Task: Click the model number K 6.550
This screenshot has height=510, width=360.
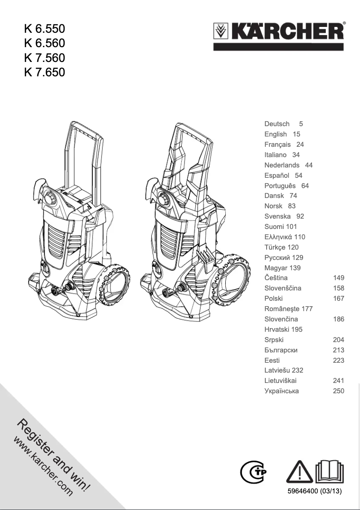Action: click(x=44, y=29)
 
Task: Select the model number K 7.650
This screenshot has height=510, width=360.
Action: click(x=44, y=72)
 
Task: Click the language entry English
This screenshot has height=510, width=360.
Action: click(x=276, y=134)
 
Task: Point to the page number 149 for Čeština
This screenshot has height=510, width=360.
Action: click(x=338, y=278)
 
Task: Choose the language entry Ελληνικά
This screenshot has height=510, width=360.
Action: click(x=279, y=237)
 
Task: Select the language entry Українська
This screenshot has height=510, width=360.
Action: click(x=281, y=391)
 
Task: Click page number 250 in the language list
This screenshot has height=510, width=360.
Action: click(x=338, y=391)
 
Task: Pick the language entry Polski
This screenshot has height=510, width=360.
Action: click(x=273, y=298)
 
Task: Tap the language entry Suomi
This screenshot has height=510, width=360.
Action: click(x=274, y=226)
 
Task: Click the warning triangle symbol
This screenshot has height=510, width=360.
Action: click(x=300, y=471)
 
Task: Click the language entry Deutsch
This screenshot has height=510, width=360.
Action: click(x=277, y=123)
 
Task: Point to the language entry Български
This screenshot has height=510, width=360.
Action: click(x=281, y=350)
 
